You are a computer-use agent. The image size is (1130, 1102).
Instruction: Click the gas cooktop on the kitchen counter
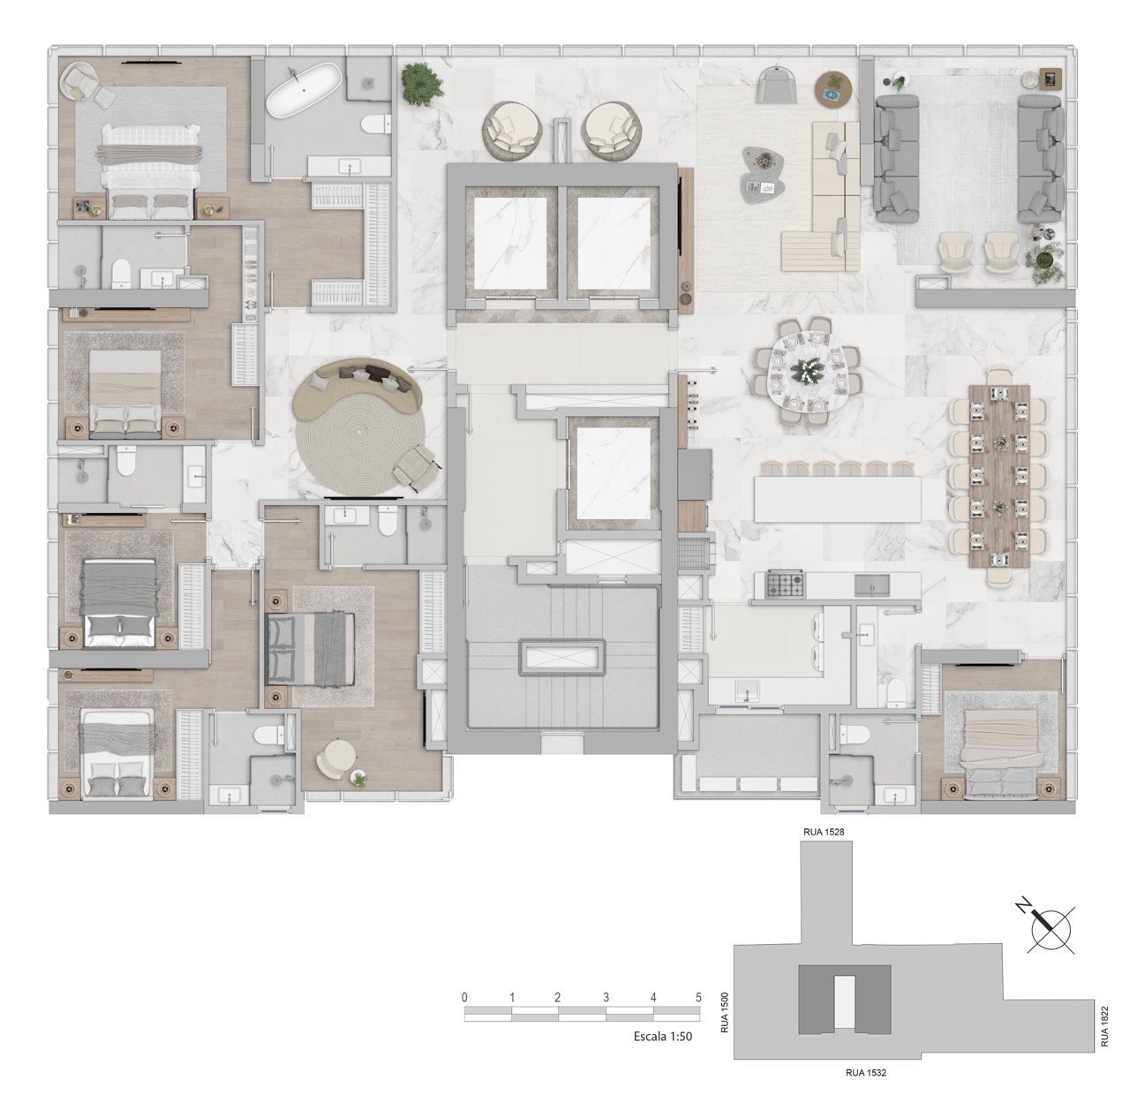[x=785, y=584]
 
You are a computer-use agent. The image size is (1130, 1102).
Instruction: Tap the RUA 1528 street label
[x=824, y=832]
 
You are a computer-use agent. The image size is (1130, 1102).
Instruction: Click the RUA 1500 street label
[x=724, y=1012]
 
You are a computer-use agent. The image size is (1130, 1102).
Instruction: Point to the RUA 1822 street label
[x=1104, y=1026]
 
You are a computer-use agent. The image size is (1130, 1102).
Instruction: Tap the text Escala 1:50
[x=663, y=1037]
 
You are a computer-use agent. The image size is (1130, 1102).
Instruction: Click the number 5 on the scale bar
[x=698, y=998]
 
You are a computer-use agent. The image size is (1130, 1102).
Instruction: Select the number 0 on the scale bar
[x=464, y=998]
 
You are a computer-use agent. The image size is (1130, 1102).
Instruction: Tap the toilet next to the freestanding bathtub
[x=376, y=125]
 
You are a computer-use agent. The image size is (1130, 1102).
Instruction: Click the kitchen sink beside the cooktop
[x=871, y=585]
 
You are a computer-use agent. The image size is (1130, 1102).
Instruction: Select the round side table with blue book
[x=834, y=90]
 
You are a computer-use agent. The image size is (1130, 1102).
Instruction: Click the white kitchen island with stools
[x=837, y=499]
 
